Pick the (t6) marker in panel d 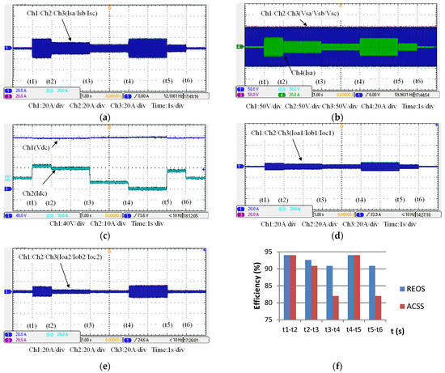click(x=417, y=200)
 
